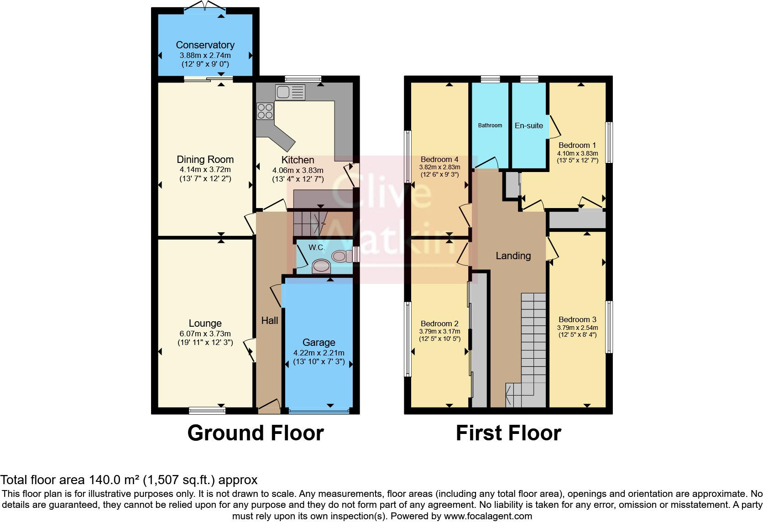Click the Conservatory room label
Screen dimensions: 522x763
pyautogui.click(x=205, y=45)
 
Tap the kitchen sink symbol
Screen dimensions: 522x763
pyautogui.click(x=290, y=93)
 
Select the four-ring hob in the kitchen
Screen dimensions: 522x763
pyautogui.click(x=265, y=111)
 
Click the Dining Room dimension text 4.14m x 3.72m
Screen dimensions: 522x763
pyautogui.click(x=205, y=169)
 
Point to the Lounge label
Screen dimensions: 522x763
pyautogui.click(x=205, y=323)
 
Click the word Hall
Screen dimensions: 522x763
pyautogui.click(x=269, y=320)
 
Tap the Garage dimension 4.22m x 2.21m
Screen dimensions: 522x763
pyautogui.click(x=319, y=353)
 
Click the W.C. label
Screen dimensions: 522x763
pyautogui.click(x=316, y=247)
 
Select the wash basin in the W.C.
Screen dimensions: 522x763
pyautogui.click(x=321, y=266)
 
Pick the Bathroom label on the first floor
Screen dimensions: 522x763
pyautogui.click(x=490, y=125)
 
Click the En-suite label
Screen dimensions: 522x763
pyautogui.click(x=528, y=125)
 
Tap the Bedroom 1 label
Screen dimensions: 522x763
pyautogui.click(x=577, y=145)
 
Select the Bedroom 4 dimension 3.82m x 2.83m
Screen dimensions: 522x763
pyautogui.click(x=439, y=167)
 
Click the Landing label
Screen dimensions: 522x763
pyautogui.click(x=513, y=256)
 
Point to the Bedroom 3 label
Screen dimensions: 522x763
pyautogui.click(x=577, y=319)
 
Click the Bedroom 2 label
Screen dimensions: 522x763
pyautogui.click(x=439, y=324)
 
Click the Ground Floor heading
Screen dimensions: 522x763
pyautogui.click(x=255, y=433)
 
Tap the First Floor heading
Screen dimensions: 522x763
pyautogui.click(x=508, y=433)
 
